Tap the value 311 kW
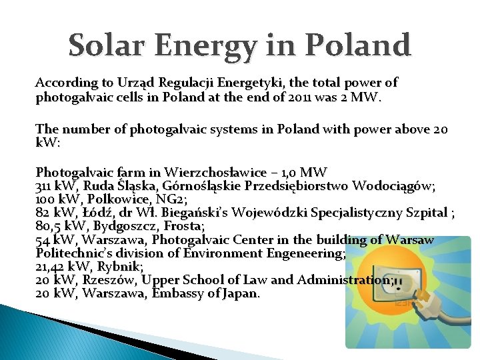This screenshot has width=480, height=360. (55, 185)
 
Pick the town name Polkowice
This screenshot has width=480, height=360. (113, 199)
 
